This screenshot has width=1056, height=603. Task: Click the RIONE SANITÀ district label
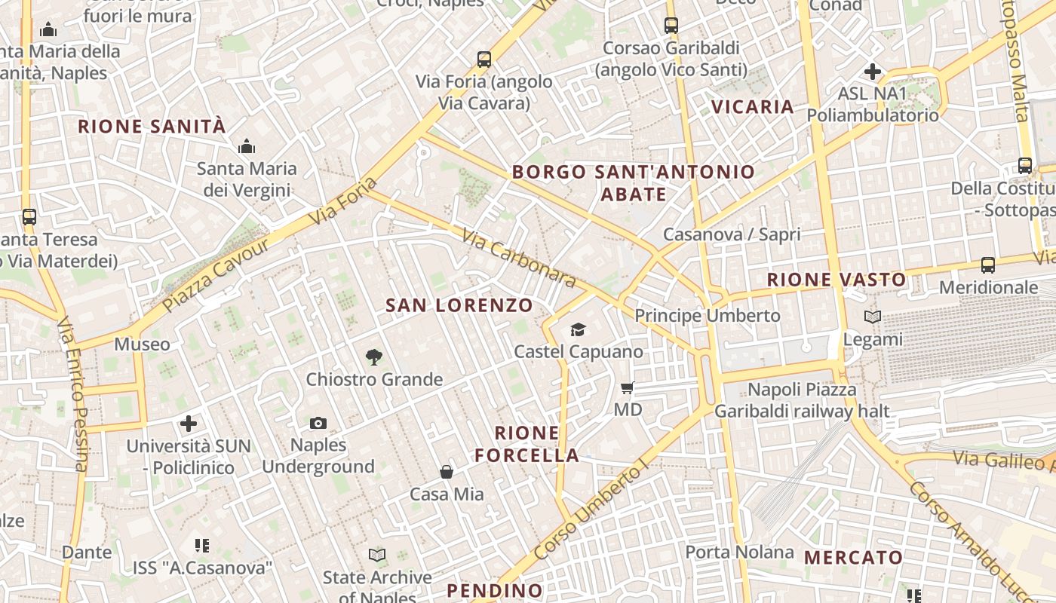152,127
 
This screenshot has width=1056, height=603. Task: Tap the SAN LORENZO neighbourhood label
459,305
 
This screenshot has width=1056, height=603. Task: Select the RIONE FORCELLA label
527,444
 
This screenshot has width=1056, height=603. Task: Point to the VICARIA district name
753,107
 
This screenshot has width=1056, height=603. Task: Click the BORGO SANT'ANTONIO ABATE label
634,183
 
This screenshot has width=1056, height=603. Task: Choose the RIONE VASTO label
837,280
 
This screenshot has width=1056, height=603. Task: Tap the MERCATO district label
853,558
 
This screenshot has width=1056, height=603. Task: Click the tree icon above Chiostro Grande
373,357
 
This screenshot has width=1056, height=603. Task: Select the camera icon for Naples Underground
318,424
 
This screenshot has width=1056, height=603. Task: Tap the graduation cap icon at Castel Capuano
578,329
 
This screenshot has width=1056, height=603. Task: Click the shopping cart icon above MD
627,388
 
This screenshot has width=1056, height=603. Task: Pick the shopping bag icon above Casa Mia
447,473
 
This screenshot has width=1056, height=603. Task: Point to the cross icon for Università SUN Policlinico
189,424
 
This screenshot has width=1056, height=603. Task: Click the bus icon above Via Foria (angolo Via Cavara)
484,60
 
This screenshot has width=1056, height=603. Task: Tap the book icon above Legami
873,317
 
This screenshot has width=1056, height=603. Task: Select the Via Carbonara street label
520,259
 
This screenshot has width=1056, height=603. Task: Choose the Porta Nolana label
739,552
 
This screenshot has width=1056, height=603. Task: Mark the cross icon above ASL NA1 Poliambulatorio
873,72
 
